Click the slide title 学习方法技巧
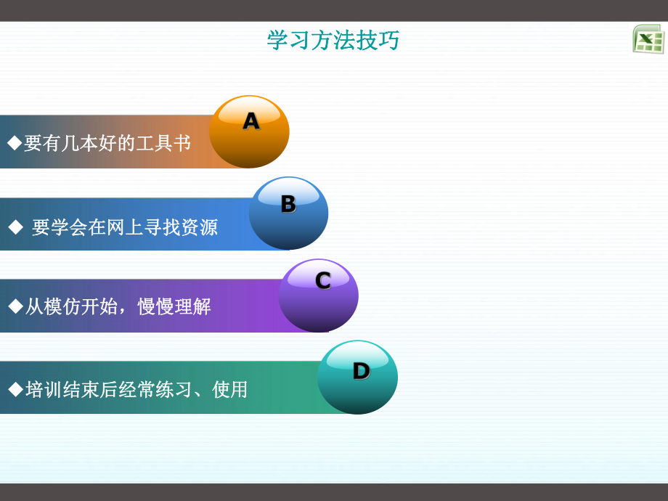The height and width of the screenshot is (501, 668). [x=333, y=41]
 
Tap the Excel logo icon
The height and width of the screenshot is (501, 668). [x=648, y=39]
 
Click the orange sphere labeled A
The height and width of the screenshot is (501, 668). [x=249, y=133]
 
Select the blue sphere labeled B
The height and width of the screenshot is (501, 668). [x=288, y=213]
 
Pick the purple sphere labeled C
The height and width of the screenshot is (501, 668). [x=318, y=296]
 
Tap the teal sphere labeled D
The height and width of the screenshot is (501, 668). [x=357, y=378]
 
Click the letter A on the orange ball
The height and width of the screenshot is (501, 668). [x=250, y=121]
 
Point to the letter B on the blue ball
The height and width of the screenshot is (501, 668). [x=288, y=204]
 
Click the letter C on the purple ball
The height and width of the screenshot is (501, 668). [x=323, y=280]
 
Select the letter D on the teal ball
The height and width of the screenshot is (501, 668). [x=361, y=371]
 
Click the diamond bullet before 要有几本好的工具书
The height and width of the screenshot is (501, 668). [x=15, y=143]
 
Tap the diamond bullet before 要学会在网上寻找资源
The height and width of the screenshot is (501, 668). [x=15, y=227]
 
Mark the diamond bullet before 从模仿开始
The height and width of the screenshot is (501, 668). [x=15, y=306]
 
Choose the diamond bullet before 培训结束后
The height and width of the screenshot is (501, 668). [x=15, y=389]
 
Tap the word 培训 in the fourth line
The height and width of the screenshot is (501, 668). [x=44, y=390]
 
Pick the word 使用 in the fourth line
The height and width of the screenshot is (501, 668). [x=230, y=390]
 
